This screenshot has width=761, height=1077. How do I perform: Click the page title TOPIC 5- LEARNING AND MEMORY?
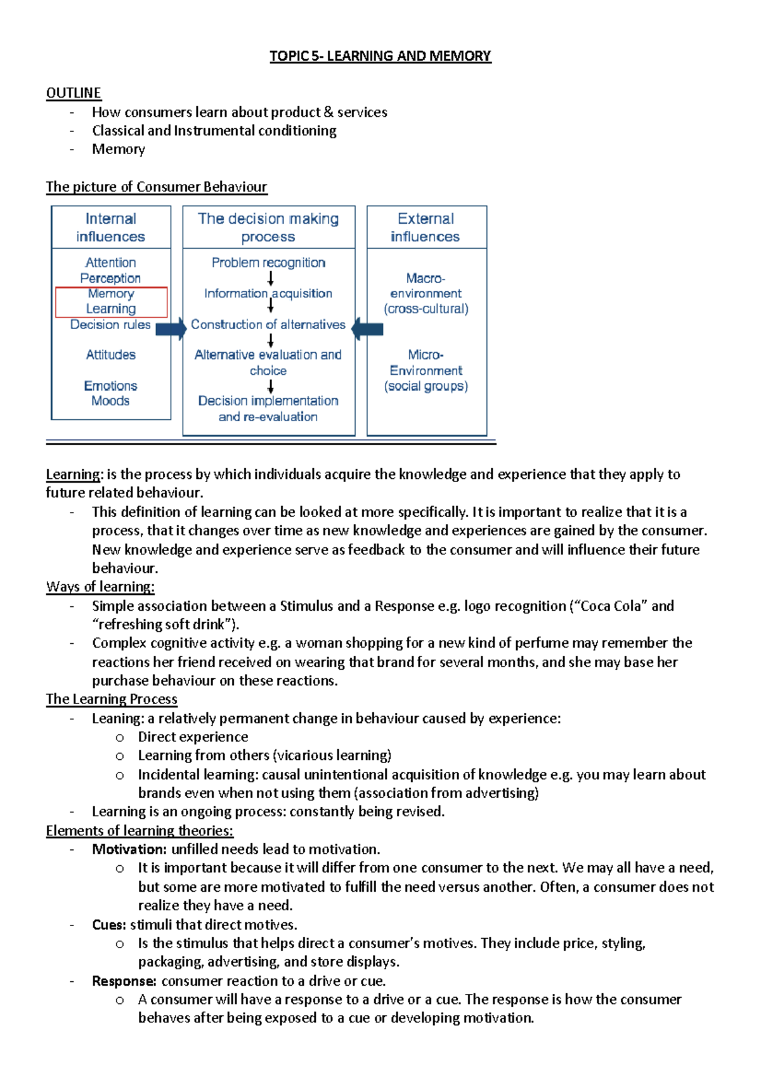pos(380,56)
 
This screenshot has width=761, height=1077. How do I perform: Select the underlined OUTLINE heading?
pos(74,93)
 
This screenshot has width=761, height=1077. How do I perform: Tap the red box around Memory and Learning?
pos(111,301)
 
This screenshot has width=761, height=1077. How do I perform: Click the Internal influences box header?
pos(111,227)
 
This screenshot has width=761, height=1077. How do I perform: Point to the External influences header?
pos(426,227)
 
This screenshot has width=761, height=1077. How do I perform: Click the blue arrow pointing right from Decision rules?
pos(171,329)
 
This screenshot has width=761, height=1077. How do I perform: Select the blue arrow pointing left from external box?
pos(368,329)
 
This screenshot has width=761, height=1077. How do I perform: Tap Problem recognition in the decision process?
pos(268,263)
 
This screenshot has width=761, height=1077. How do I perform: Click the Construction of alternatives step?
pos(268,324)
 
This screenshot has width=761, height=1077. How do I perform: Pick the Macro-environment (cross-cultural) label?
pos(426,293)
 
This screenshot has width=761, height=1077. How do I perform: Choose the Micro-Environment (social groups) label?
pos(426,370)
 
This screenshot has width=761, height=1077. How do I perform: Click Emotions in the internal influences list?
pos(110,386)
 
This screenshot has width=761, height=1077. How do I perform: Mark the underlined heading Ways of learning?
pos(100,587)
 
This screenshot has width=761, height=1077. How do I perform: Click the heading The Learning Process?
pos(112,699)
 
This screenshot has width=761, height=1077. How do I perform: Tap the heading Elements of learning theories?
pos(140,830)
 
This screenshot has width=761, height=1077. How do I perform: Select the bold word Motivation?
pos(129,849)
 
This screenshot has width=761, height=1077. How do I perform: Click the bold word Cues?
pos(109,925)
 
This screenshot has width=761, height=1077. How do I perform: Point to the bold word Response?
pos(124,981)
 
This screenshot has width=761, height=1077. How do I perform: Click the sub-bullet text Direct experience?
pos(193,737)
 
